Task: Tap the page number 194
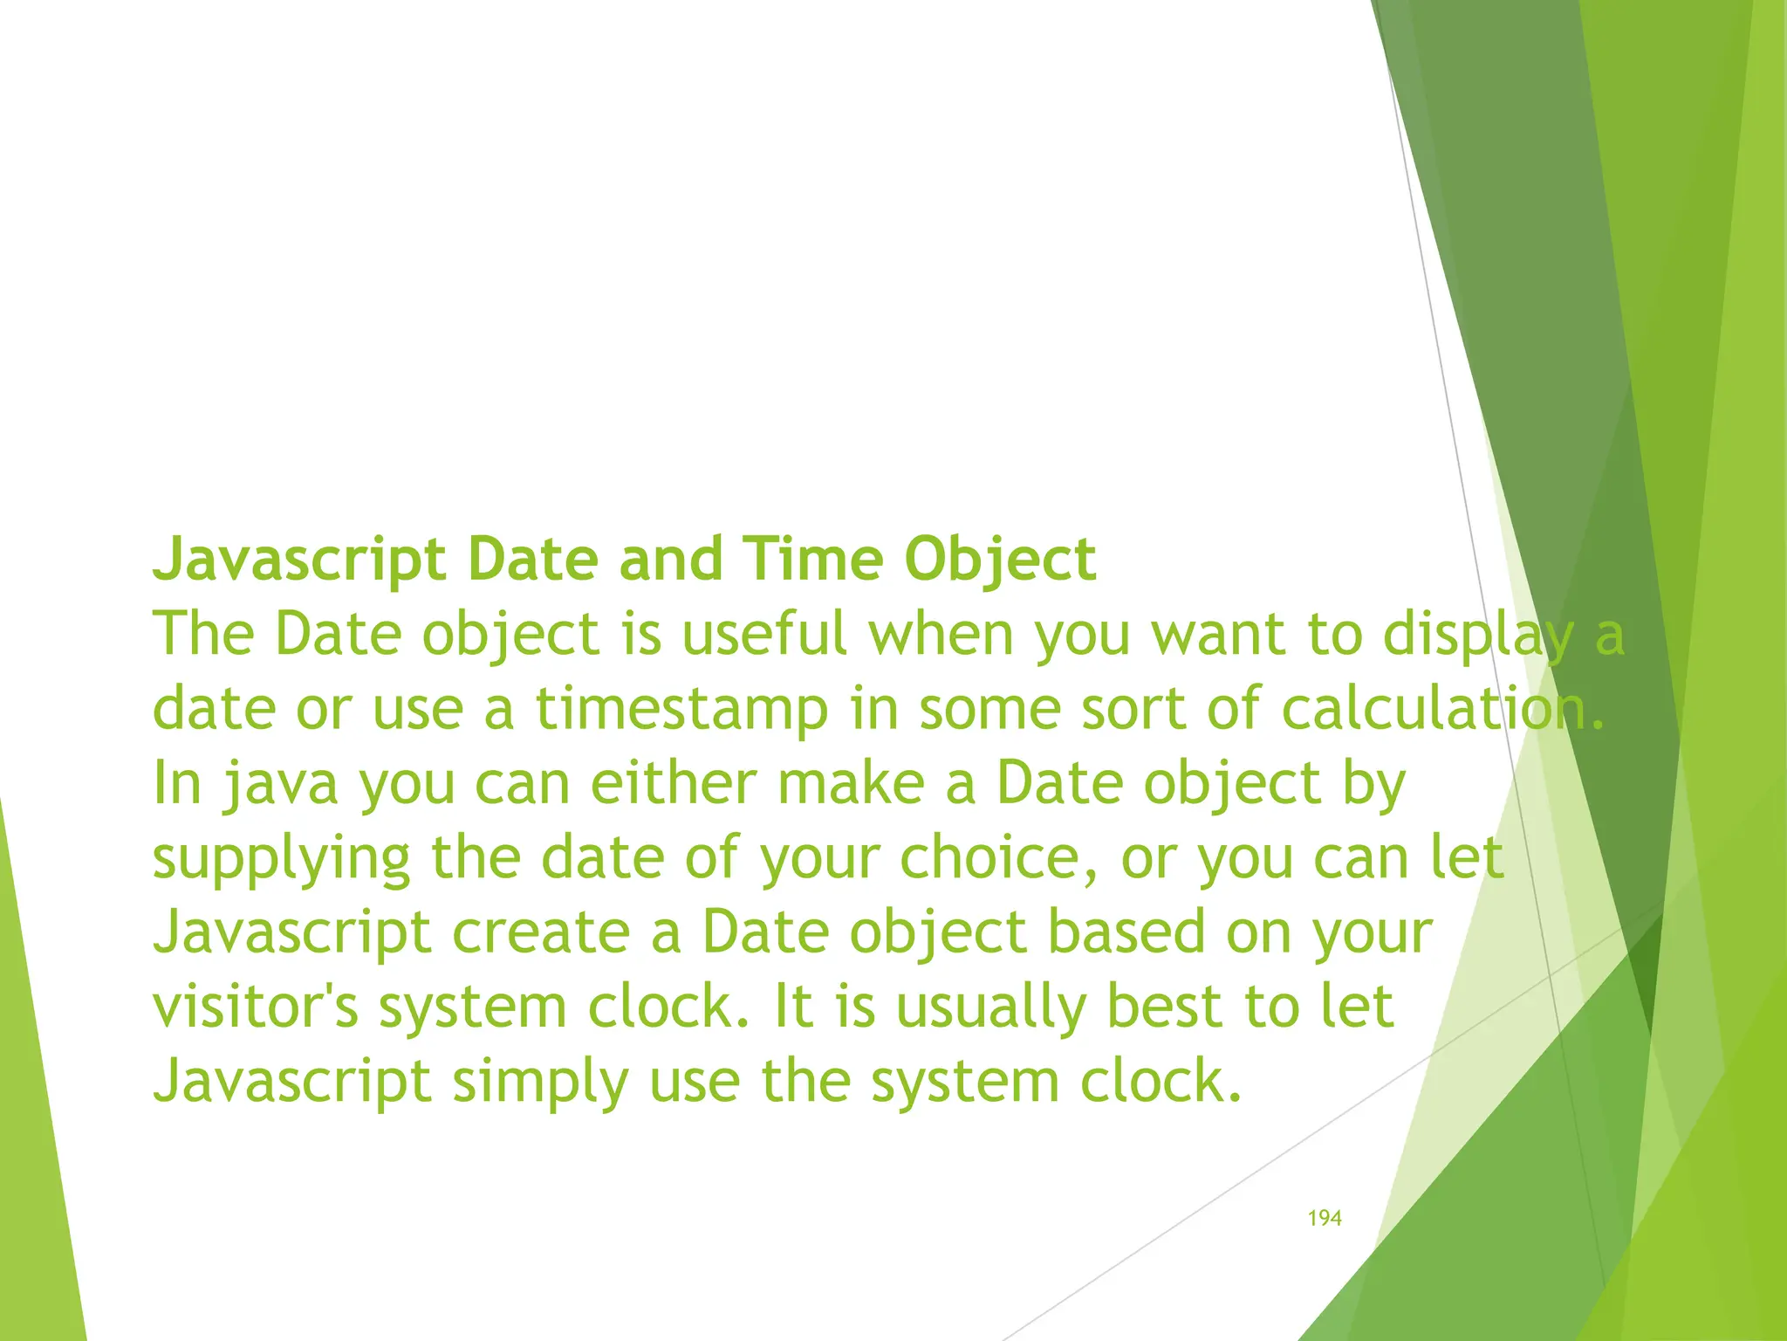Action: click(x=1325, y=1218)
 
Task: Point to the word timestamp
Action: click(x=681, y=709)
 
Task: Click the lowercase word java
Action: click(x=278, y=784)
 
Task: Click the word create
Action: click(x=540, y=932)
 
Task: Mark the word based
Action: click(x=1126, y=932)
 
